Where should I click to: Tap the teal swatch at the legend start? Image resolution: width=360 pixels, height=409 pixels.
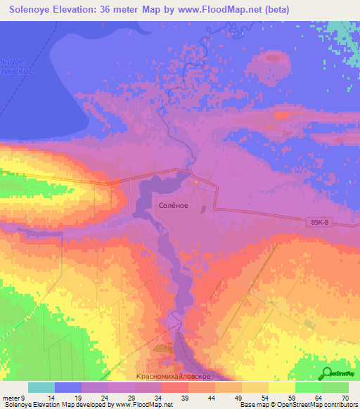[x=41, y=387]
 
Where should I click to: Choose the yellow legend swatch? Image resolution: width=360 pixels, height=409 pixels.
[x=281, y=387]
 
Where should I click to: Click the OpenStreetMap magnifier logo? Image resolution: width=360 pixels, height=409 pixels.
[x=328, y=373]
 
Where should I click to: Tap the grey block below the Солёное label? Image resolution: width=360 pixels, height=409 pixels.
[x=203, y=209]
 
